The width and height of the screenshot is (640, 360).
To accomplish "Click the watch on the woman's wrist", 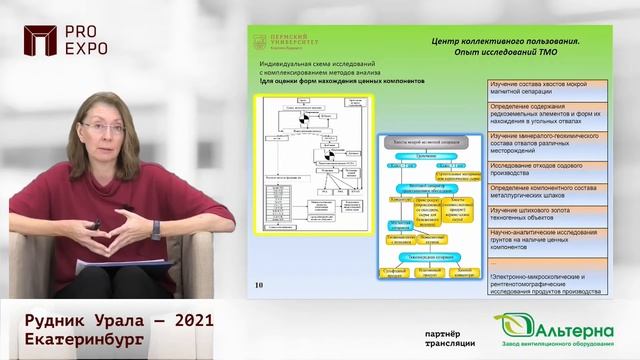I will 155,229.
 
